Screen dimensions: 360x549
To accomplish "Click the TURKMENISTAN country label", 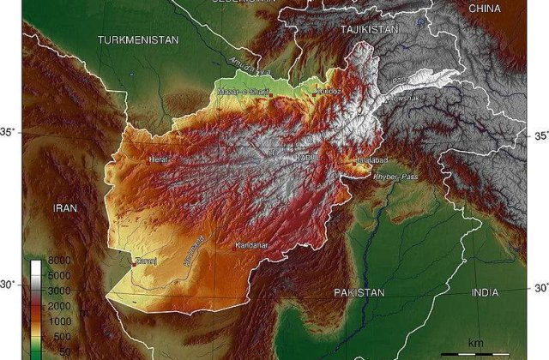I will pyautogui.click(x=137, y=40).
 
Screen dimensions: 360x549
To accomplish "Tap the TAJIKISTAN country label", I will pyautogui.click(x=370, y=29).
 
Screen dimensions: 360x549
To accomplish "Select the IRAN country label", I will pyautogui.click(x=65, y=208).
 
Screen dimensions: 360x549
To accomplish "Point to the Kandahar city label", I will pyautogui.click(x=251, y=246).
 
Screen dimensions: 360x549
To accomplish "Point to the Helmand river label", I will pyautogui.click(x=194, y=250).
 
